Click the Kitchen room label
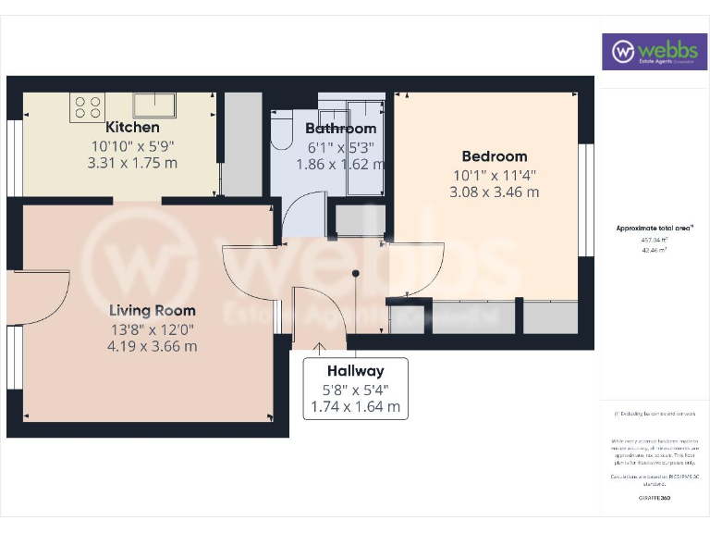133,127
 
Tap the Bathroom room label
341,129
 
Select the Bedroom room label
495,156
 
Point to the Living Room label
153,311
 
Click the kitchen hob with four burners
88,107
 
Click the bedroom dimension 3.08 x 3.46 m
494,192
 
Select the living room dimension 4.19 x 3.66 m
153,346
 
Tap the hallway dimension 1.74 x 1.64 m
354,406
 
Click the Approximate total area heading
655,228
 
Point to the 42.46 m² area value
655,250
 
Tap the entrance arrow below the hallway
320,348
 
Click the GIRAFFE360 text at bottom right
655,498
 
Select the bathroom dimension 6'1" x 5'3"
341,147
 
